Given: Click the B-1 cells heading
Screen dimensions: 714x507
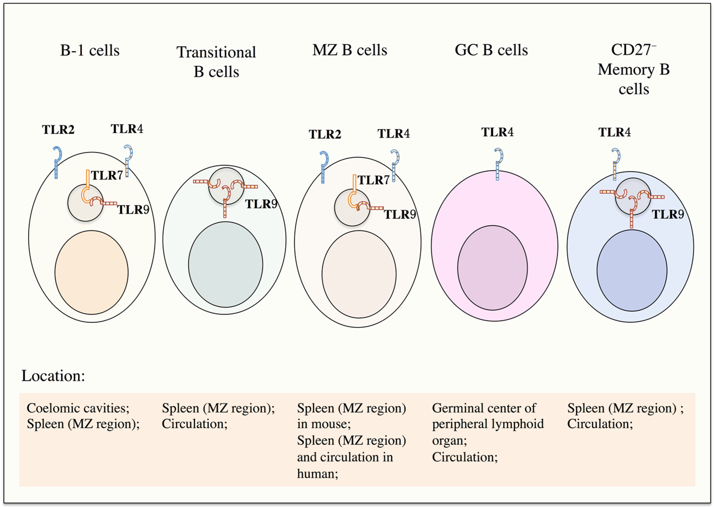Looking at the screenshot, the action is [x=90, y=50].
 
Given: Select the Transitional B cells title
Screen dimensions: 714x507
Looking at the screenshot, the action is [x=216, y=62].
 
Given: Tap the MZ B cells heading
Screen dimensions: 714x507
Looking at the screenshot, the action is [x=350, y=50].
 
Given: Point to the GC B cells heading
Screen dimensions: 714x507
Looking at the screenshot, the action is [x=491, y=50].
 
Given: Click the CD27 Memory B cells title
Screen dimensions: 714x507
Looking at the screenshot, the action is [x=634, y=69].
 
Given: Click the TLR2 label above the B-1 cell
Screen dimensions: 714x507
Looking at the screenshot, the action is [x=58, y=129].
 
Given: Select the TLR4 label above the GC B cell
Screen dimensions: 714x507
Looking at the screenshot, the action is [x=498, y=132].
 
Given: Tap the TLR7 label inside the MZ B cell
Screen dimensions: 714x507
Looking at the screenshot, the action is [x=374, y=180].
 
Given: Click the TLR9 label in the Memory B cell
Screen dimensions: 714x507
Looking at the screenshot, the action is [x=668, y=214].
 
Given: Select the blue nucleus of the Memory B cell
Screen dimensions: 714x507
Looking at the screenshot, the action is [x=632, y=270].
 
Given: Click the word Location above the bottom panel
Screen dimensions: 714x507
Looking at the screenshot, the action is [x=53, y=376].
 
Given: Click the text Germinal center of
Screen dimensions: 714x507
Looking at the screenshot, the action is [x=484, y=408].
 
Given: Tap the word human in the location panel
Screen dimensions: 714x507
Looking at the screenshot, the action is [x=317, y=474].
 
